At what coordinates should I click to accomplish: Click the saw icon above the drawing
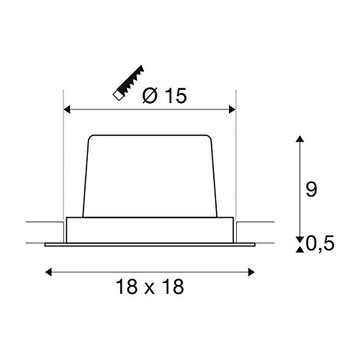(129, 82)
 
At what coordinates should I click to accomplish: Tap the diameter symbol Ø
(150, 96)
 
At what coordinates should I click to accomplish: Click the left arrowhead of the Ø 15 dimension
(67, 109)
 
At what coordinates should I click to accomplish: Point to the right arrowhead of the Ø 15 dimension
(233, 109)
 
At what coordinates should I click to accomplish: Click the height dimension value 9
(312, 189)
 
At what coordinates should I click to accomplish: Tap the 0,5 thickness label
(320, 243)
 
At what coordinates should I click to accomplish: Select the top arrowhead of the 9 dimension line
(300, 139)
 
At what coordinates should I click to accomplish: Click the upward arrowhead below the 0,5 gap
(300, 250)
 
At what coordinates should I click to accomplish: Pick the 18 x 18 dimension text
(150, 287)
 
